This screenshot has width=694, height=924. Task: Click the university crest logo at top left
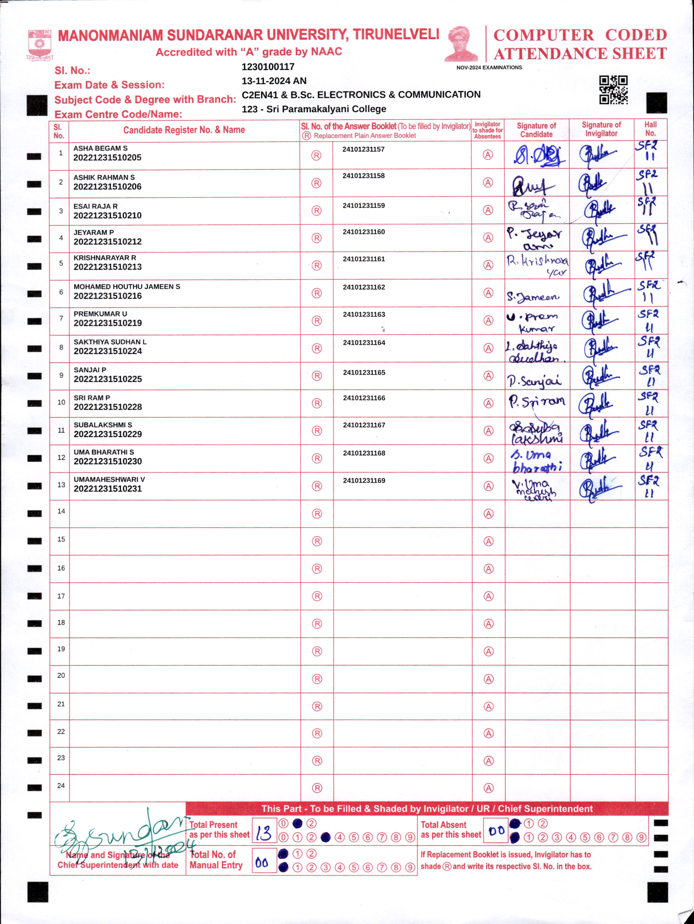pyautogui.click(x=40, y=44)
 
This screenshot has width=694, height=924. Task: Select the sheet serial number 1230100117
pyautogui.click(x=268, y=67)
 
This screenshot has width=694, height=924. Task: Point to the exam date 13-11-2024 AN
pyautogui.click(x=274, y=81)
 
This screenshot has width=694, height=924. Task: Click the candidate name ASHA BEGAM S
pyautogui.click(x=100, y=148)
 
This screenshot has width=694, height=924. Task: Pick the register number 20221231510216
pyautogui.click(x=108, y=296)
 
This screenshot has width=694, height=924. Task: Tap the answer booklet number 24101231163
pyautogui.click(x=364, y=315)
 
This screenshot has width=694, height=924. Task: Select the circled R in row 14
pyautogui.click(x=317, y=514)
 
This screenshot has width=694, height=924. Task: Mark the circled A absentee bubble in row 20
pyautogui.click(x=488, y=679)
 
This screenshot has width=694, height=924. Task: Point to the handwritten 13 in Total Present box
pyautogui.click(x=264, y=832)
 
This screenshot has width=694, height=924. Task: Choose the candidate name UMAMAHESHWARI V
pyautogui.click(x=109, y=480)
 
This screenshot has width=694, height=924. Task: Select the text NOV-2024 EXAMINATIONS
pyautogui.click(x=489, y=67)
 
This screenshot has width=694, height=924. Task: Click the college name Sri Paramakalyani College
pyautogui.click(x=326, y=109)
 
